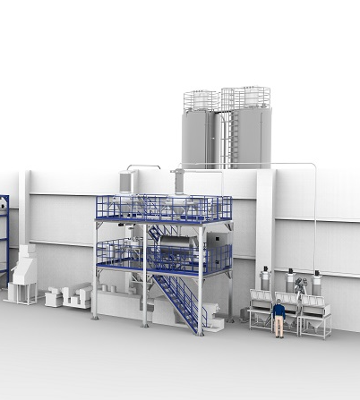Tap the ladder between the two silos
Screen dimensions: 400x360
tap(225, 134)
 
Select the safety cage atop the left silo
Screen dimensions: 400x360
tap(201, 99)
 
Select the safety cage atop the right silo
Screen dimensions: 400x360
tap(246, 96)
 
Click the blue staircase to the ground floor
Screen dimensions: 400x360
tap(179, 300)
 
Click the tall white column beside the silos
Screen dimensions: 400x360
tap(266, 224)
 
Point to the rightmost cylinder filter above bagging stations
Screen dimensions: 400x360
tap(314, 284)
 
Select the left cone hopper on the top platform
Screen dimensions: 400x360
tap(133, 209)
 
